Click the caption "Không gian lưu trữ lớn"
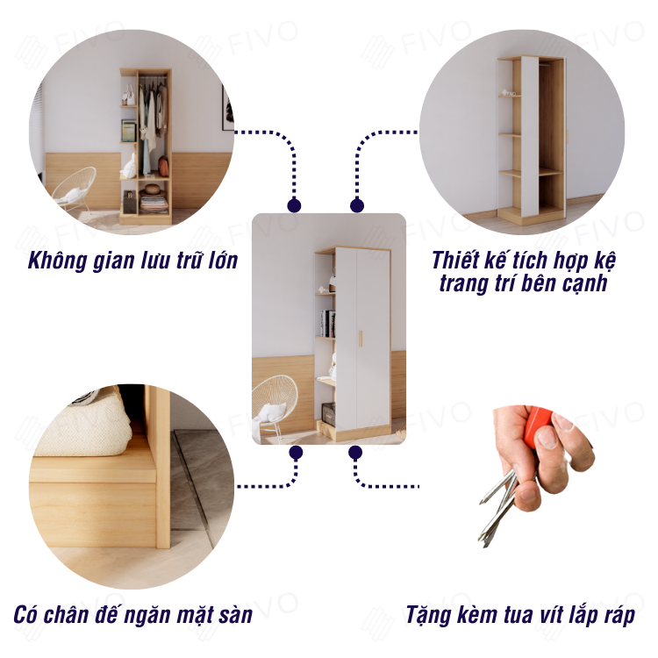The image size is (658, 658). coord(132,261)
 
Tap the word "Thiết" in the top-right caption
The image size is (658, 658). coord(454,261)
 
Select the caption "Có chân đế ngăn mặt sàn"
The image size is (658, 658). coord(133,615)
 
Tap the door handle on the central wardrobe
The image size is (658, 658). coord(360,339)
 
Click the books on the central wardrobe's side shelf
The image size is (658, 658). coord(328,324)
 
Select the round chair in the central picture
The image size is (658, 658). coord(274,403)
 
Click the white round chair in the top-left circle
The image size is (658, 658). coord(75,189)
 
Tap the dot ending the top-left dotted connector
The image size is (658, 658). coord(294,205)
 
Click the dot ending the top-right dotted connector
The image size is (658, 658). coord(357,205)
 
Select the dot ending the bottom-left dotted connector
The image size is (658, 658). coord(296,453)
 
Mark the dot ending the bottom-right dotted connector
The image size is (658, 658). coord(355,453)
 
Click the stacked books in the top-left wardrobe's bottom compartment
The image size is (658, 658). coord(154,204)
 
